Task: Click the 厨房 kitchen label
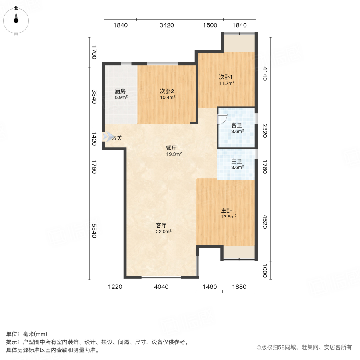pos(120,91)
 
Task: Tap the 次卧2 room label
pos(167,91)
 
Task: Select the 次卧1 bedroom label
pos(226,77)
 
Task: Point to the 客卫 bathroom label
pos(236,125)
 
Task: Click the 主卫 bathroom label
pos(236,161)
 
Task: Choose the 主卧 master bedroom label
pos(226,210)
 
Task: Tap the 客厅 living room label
pos(161,226)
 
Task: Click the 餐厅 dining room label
pos(172,148)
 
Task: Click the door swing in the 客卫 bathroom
pos(222,119)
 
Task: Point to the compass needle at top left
pos(16,18)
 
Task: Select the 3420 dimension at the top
pos(167,25)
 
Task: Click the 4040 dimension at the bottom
pos(161,287)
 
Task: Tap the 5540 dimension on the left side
pos(94,231)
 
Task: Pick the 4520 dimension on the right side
pos(265,222)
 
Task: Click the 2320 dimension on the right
pos(265,131)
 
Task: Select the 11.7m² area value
pos(227,83)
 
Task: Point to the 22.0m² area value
pos(164,232)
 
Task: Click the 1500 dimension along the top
pos(210,25)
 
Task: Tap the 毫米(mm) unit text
pos(35,334)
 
